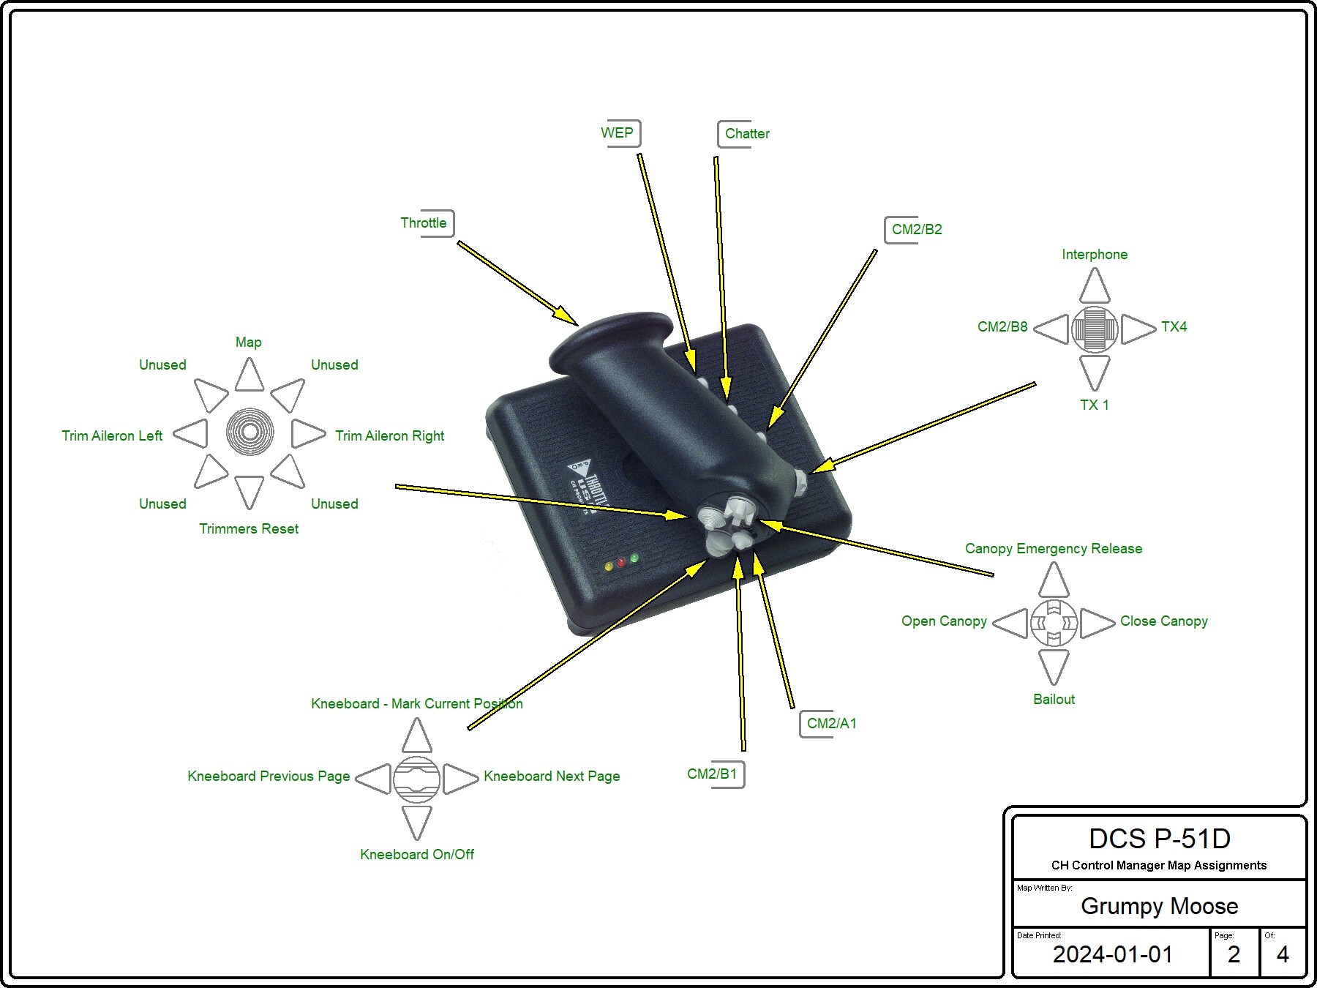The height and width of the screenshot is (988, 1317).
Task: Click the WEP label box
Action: (x=620, y=133)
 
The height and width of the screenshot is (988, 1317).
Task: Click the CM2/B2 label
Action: (x=915, y=230)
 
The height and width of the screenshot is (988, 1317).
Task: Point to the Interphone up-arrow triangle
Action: (x=1095, y=285)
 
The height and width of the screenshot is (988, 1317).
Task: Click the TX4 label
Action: (x=1174, y=327)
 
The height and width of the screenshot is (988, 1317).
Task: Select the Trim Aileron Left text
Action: (x=112, y=436)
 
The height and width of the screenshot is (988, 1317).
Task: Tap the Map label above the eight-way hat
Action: (x=249, y=343)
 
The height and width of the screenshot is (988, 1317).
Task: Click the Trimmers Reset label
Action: (x=249, y=529)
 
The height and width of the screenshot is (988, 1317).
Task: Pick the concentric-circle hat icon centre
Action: (x=249, y=432)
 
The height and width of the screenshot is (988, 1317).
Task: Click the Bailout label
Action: (x=1054, y=700)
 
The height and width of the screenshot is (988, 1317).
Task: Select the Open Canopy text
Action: (x=944, y=621)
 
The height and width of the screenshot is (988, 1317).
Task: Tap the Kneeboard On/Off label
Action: (x=417, y=855)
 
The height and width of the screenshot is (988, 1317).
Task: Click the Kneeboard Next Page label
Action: (x=552, y=776)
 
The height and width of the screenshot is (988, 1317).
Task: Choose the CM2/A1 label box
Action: (x=829, y=724)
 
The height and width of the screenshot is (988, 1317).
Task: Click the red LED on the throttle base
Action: (x=621, y=562)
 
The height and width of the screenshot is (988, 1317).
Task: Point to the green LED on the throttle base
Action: (x=634, y=558)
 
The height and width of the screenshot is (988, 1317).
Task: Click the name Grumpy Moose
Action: (x=1160, y=907)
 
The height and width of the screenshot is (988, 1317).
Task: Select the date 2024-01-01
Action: (x=1113, y=954)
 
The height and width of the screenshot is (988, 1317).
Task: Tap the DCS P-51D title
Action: (x=1160, y=839)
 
